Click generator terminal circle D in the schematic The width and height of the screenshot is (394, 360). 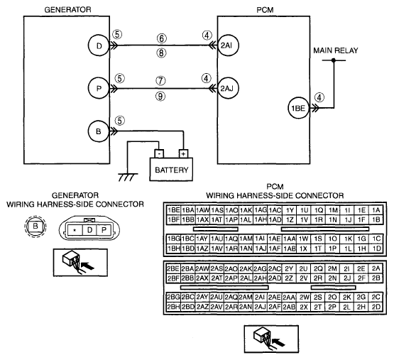coord(99,45)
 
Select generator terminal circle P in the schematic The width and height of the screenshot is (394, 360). coord(99,88)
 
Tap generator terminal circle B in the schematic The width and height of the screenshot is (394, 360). coord(99,131)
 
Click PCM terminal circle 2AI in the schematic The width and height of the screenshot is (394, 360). coord(228,45)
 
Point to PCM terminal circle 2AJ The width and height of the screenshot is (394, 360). coord(228,88)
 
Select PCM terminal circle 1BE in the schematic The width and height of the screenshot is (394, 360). coord(298,108)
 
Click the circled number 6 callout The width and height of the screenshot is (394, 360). coord(162,38)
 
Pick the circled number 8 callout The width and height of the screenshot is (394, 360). coord(162,53)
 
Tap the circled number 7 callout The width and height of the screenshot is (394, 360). coord(161,81)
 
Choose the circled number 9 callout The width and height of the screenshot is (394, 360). coord(161,96)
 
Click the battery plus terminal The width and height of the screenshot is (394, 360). coord(183,153)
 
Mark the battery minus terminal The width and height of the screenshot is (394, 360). coord(159,153)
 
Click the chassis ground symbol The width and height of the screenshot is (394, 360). coord(128,177)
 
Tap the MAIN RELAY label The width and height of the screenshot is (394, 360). coord(336,50)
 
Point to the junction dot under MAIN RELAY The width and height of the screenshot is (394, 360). coord(334,60)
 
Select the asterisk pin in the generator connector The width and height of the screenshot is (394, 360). coord(75,230)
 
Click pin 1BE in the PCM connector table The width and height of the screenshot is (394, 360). coord(174,210)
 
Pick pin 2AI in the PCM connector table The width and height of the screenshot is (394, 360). coord(260,298)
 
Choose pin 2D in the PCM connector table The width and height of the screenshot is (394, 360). coord(376,307)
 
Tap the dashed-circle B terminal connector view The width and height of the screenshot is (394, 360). coord(35,226)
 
